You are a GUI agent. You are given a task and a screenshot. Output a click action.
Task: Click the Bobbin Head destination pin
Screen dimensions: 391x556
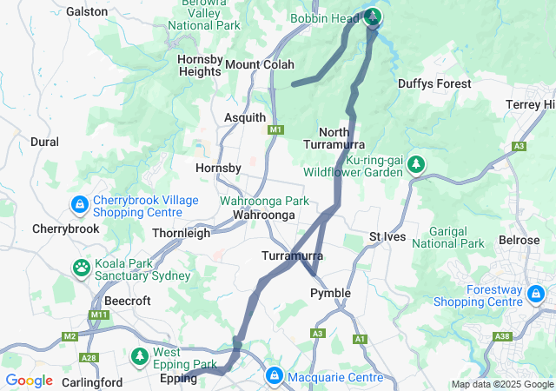pyautogui.click(x=373, y=17)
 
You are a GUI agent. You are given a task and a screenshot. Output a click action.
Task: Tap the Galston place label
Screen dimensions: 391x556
pyautogui.click(x=88, y=11)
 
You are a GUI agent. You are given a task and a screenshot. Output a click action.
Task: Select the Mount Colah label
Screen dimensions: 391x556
pyautogui.click(x=260, y=64)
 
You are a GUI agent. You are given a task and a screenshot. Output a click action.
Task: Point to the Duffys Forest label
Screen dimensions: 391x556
pyautogui.click(x=434, y=83)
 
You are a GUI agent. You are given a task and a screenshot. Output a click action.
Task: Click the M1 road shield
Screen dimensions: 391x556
pyautogui.click(x=276, y=129)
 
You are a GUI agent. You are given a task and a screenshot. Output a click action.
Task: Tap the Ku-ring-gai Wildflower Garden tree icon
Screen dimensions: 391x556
pyautogui.click(x=416, y=163)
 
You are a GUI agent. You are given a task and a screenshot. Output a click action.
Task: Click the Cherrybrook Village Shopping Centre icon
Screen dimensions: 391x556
pyautogui.click(x=79, y=204)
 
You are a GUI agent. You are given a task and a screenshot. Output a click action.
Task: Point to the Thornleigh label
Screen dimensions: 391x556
pyautogui.click(x=181, y=233)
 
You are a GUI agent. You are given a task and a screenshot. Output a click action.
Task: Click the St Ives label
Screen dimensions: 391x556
pyautogui.click(x=387, y=236)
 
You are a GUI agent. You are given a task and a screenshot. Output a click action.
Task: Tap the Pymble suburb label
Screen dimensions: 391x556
pyautogui.click(x=330, y=293)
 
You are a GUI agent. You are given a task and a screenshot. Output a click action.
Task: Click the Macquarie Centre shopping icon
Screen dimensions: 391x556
pyautogui.click(x=274, y=376)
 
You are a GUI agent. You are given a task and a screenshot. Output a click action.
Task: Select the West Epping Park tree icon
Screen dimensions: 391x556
pyautogui.click(x=140, y=356)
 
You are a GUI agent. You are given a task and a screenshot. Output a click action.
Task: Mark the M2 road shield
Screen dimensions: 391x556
pyautogui.click(x=70, y=336)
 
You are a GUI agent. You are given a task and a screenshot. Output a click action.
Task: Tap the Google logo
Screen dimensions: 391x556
pyautogui.click(x=30, y=381)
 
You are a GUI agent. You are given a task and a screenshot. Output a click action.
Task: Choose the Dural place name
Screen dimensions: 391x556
pyautogui.click(x=44, y=142)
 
